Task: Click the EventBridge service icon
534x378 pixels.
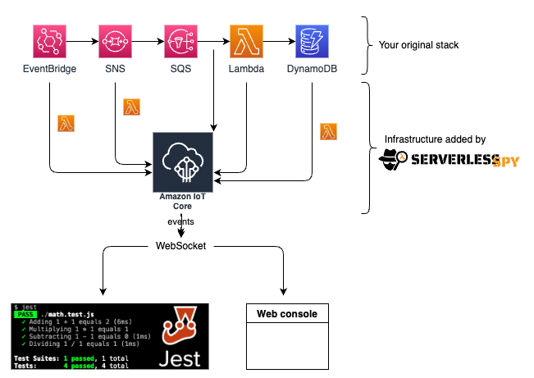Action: click(x=49, y=40)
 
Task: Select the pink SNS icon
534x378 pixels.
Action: click(x=116, y=40)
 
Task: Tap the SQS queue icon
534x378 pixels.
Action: click(x=180, y=40)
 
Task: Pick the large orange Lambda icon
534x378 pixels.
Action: click(x=246, y=40)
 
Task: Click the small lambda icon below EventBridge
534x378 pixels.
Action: click(x=66, y=124)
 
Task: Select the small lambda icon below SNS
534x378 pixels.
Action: click(x=132, y=107)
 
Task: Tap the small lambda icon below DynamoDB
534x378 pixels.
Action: click(x=329, y=131)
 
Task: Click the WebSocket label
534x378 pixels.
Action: click(x=181, y=245)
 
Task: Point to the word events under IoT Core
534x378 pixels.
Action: click(x=181, y=222)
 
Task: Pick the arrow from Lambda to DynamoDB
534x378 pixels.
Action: click(x=279, y=40)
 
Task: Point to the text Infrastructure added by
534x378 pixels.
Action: click(x=435, y=140)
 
